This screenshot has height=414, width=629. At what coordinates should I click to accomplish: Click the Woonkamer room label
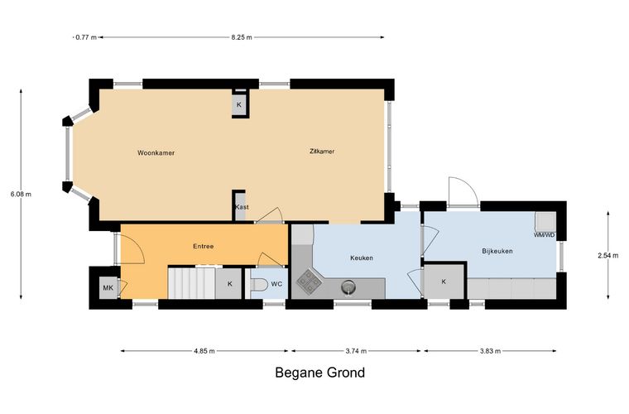[x=156, y=153]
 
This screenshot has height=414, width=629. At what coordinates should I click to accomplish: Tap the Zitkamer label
[x=322, y=152]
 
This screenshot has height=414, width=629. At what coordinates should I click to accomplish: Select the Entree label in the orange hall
[x=204, y=246]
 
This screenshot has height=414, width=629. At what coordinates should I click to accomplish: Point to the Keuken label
[x=362, y=258]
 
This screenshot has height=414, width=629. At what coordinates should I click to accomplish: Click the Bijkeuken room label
[x=497, y=251]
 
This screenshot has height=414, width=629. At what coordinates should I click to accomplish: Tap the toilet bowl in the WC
[x=259, y=285]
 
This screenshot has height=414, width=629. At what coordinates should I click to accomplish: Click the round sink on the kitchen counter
[x=348, y=286]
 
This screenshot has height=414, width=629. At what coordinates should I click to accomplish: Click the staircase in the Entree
[x=192, y=283]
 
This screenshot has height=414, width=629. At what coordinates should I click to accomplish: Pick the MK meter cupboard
[x=108, y=287]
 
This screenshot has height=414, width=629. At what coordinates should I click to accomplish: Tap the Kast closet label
[x=242, y=207]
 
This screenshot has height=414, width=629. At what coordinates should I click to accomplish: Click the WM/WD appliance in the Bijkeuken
[x=545, y=224]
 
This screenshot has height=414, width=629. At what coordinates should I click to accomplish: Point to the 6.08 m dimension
[x=21, y=194]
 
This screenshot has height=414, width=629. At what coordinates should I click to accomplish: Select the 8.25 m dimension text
[x=242, y=37]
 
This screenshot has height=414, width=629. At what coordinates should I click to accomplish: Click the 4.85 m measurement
[x=204, y=351]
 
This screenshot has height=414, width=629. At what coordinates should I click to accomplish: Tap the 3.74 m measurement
[x=356, y=351]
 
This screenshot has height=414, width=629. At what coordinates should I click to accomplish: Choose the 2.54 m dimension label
[x=607, y=255]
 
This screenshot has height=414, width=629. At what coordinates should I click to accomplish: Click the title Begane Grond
[x=320, y=373]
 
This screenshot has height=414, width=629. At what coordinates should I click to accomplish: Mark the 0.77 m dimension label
[x=86, y=37]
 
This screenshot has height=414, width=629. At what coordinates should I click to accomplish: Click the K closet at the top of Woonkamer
[x=239, y=104]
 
